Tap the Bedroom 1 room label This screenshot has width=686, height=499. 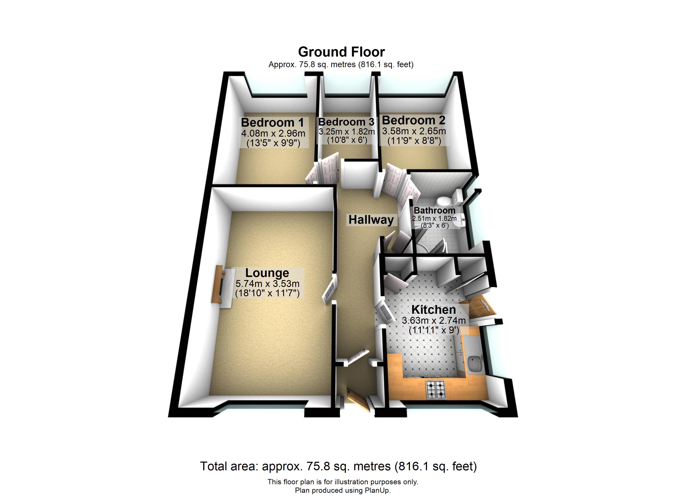pos(272,122)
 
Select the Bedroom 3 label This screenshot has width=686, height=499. pos(346,122)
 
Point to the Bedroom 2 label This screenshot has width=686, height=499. pos(413,120)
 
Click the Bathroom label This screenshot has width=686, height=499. pos(434,210)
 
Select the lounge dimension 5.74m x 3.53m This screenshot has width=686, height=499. pos(267,284)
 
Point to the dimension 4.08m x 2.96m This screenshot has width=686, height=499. pos(273,133)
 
